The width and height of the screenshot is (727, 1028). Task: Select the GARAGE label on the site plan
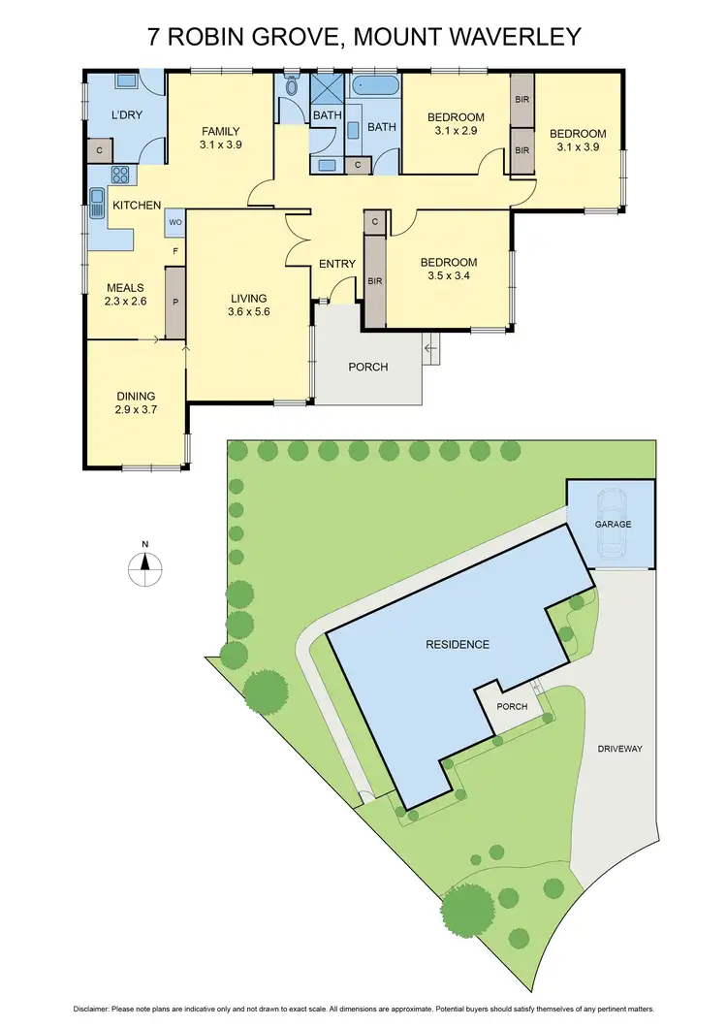(613, 525)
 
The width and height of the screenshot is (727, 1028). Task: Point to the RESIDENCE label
(458, 644)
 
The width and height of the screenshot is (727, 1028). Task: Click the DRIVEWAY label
(620, 749)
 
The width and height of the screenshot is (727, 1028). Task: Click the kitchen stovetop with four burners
(121, 176)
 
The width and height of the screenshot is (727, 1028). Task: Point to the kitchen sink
(97, 204)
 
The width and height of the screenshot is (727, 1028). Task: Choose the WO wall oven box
(175, 222)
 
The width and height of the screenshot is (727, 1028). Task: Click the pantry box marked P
(175, 302)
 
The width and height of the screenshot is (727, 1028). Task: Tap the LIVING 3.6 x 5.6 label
(248, 305)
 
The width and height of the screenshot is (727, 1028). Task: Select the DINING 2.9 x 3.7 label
(136, 402)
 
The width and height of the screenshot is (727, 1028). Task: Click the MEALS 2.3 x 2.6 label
(125, 295)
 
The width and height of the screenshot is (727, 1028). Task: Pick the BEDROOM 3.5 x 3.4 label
(448, 269)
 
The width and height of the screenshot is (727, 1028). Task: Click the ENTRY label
(338, 264)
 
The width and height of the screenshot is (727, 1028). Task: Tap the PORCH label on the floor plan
(367, 368)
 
